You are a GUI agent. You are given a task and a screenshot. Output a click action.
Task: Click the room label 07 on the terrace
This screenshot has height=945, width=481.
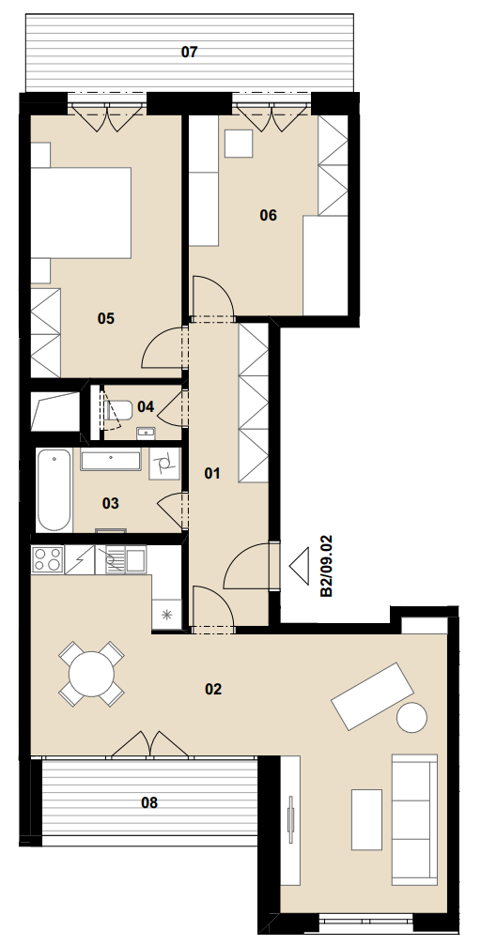coord(190,52)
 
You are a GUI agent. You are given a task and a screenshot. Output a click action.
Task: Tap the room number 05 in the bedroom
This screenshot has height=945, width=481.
coord(105,318)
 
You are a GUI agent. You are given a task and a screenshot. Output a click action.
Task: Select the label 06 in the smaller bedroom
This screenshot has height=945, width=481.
coord(268,215)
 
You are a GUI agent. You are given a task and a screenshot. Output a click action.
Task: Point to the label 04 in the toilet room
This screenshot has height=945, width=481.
coord(146,406)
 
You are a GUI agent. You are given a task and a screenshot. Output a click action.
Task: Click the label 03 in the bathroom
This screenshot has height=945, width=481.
coord(111,503)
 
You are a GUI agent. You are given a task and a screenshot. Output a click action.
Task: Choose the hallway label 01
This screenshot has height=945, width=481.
coord(211,474)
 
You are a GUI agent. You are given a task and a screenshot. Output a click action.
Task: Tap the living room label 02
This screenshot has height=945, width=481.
coord(213,689)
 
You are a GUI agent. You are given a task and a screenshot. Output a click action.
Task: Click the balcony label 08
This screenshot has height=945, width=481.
coord(149,802)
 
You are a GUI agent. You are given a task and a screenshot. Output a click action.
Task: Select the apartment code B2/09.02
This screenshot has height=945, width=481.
coord(327,566)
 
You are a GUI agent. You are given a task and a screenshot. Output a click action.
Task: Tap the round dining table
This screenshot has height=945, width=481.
coord(92,674)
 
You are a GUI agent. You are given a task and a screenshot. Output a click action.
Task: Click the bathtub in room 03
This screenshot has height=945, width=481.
coord(54,490)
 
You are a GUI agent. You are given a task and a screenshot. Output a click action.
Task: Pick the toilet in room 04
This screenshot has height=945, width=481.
coord(118,410)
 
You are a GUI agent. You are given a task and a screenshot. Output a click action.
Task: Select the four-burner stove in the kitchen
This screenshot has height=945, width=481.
coord(47,558)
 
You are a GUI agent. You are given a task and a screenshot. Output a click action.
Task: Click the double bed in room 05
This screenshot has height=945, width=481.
coord(82,213)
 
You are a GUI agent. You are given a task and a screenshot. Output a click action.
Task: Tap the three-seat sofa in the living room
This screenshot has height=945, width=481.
coord(414,819)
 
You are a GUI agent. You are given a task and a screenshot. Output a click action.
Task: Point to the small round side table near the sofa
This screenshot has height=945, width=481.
coord(411,718)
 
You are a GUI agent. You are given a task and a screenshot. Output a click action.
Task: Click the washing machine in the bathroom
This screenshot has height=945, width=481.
coord(164,464)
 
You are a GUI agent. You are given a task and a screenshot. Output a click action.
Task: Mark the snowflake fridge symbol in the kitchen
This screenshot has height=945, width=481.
coord(167,615)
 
